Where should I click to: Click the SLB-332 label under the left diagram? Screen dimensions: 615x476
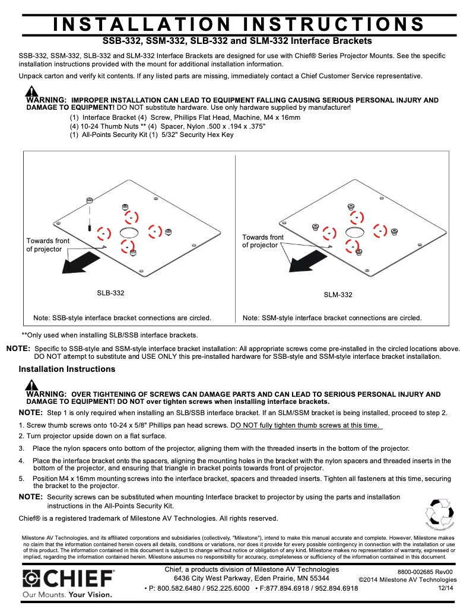click(x=110, y=293)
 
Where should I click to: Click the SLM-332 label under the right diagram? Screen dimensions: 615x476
click(x=338, y=295)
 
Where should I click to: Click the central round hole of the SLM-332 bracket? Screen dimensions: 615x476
click(x=354, y=228)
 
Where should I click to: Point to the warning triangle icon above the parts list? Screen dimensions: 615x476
click(x=31, y=91)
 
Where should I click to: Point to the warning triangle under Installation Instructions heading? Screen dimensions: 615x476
click(x=31, y=385)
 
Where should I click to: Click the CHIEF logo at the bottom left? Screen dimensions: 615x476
click(x=68, y=579)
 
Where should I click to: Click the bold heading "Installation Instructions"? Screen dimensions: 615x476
click(x=67, y=369)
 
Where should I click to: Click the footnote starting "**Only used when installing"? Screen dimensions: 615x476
click(x=110, y=335)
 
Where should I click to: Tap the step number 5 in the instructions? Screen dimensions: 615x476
click(x=21, y=479)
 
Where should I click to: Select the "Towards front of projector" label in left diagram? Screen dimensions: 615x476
click(x=47, y=245)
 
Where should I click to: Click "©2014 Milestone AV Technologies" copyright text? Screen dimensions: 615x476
click(x=408, y=579)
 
